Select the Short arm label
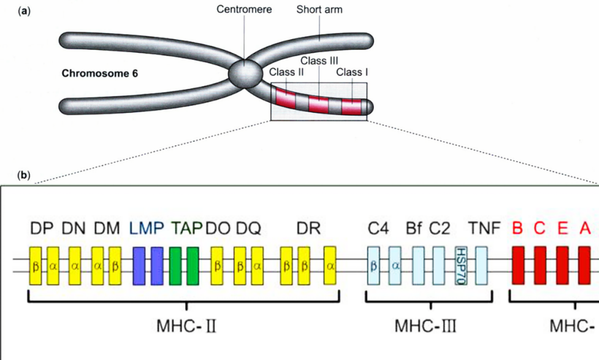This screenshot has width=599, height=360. (319, 10)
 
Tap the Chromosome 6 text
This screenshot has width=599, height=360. (100, 74)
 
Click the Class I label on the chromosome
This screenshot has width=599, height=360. (352, 72)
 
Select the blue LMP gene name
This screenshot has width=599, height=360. (147, 229)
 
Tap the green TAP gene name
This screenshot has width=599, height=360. (188, 229)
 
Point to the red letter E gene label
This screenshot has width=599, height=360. (562, 229)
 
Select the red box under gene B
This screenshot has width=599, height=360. (518, 266)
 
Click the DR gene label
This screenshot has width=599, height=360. (308, 229)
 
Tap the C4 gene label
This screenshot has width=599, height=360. (379, 229)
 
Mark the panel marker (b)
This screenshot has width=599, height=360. (25, 175)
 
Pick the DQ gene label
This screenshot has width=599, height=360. (249, 229)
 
